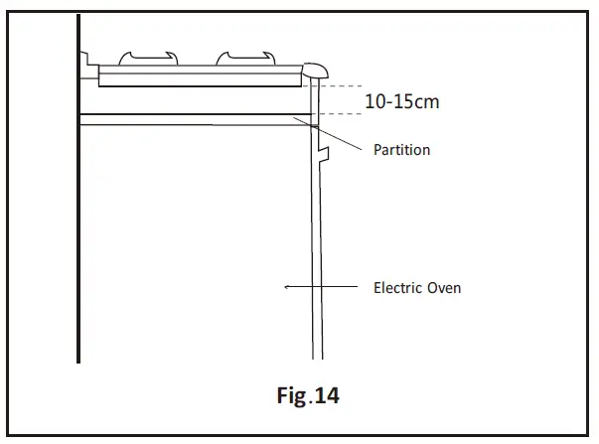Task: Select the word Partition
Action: [x=401, y=151]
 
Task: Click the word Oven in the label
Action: [x=443, y=288]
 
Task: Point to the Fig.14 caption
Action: [x=307, y=395]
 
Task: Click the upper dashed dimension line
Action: [x=342, y=86]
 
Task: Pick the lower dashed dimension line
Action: [x=342, y=115]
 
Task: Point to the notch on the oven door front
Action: [x=323, y=151]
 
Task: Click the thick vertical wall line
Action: [x=78, y=199]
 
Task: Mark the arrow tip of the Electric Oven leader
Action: [x=287, y=287]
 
